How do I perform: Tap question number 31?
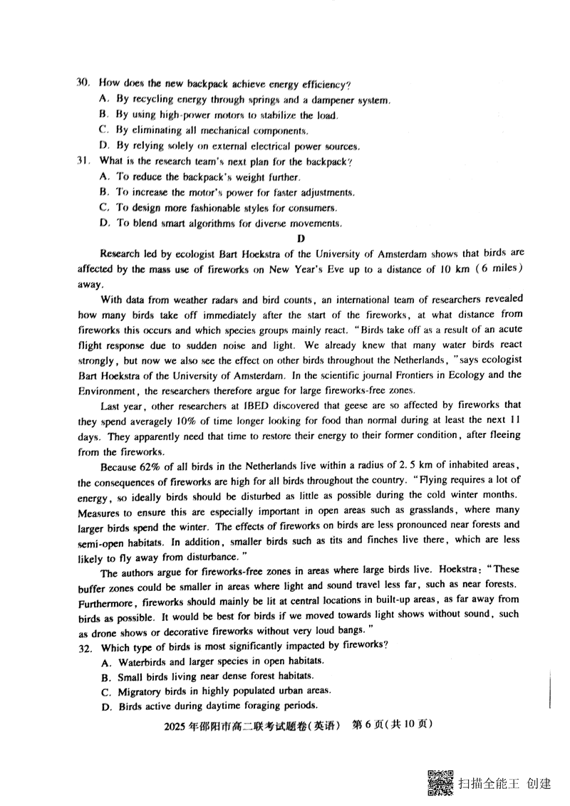click(83, 162)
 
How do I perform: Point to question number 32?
click(85, 647)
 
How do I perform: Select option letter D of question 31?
click(104, 223)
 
